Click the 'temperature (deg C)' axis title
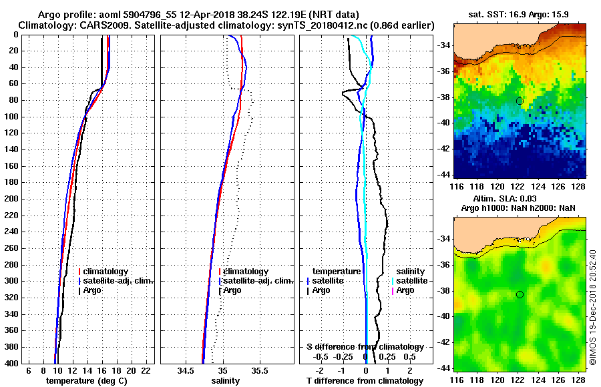tap(86, 381)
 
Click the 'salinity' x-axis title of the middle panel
tap(225, 381)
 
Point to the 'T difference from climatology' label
tap(365, 381)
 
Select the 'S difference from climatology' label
tap(365, 347)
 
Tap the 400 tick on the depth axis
tap(13, 363)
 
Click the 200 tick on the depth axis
tap(13, 199)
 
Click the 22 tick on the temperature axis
tap(146, 370)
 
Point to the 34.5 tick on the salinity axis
tap(187, 370)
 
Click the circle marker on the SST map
tap(520, 101)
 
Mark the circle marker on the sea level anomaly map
tap(520, 294)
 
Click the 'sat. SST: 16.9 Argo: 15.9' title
tap(520, 14)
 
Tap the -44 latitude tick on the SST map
tap(443, 175)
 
